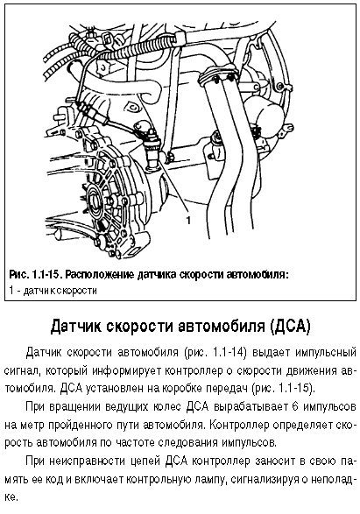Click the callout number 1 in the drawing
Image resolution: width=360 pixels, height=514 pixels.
click(188, 221)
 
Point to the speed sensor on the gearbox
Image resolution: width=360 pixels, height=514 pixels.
click(152, 149)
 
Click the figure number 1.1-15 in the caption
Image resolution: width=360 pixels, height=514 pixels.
click(46, 274)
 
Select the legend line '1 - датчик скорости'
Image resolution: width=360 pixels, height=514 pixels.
click(53, 291)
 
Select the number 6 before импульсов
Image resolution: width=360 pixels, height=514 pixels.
click(295, 407)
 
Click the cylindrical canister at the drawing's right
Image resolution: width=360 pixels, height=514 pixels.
click(265, 116)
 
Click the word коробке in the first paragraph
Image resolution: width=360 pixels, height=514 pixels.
click(173, 389)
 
